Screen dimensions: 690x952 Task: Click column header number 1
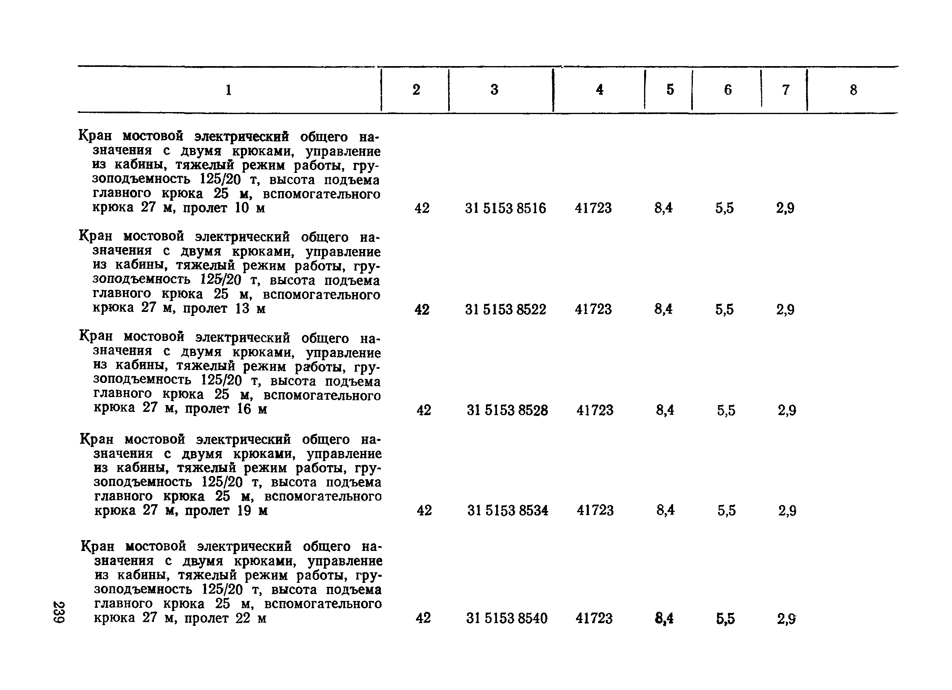(x=229, y=90)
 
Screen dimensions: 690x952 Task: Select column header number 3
(x=495, y=89)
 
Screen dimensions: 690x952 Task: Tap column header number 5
(x=670, y=89)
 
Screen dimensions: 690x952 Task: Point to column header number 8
(x=853, y=90)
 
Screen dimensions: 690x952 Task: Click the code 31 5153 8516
(x=505, y=208)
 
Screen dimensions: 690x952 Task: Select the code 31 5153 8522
(x=505, y=309)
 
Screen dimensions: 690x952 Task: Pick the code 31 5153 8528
(x=507, y=410)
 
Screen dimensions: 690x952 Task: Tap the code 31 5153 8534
(x=507, y=510)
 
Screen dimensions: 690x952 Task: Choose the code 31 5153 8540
(x=507, y=618)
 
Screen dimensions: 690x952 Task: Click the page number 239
(x=59, y=612)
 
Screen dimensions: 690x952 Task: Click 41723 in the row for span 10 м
(x=593, y=208)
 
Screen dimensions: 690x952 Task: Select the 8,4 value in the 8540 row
(x=664, y=619)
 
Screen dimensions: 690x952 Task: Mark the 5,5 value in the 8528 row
(x=726, y=410)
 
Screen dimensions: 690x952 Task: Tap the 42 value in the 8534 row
(x=424, y=510)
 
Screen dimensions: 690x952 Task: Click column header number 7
(x=786, y=89)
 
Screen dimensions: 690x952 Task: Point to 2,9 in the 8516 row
(x=785, y=208)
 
